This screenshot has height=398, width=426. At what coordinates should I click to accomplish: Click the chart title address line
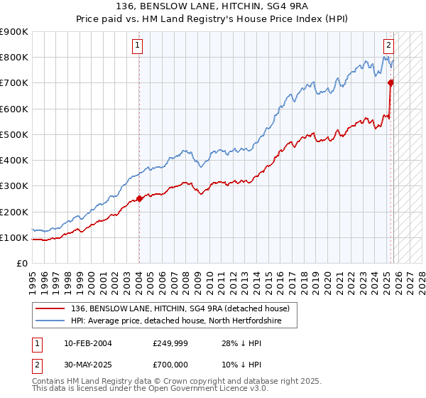click(x=213, y=6)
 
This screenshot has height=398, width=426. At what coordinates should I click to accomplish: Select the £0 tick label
click(x=22, y=263)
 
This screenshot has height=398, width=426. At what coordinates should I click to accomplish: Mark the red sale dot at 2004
click(x=139, y=199)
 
